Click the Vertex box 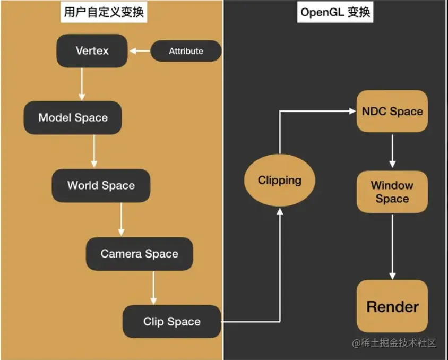[92, 51]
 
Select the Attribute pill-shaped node [186, 52]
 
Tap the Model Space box [73, 117]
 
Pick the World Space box [101, 185]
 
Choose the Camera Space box [139, 254]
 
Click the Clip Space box [171, 321]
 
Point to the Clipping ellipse [279, 181]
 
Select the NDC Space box [392, 112]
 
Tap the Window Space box [392, 192]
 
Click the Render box [392, 306]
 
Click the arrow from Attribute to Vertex [140, 52]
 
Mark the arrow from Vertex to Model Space [82, 84]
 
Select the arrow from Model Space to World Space [94, 151]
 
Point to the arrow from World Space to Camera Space [121, 219]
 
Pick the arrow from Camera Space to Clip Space [153, 288]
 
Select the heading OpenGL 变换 [335, 12]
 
